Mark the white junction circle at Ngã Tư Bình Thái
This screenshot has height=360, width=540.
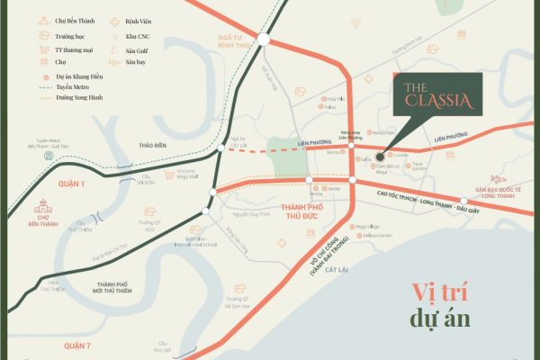tap(263, 39)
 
